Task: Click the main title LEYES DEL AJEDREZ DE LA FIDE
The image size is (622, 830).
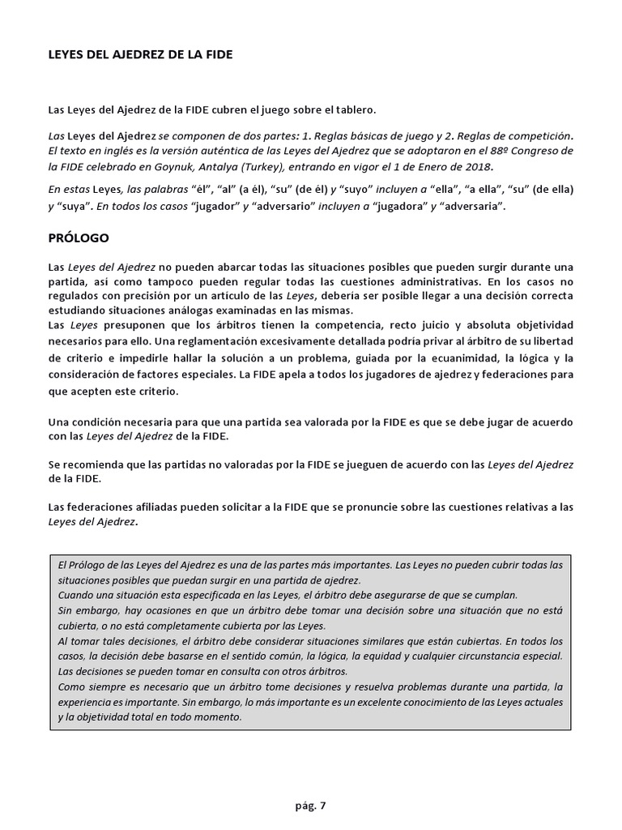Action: point(141,54)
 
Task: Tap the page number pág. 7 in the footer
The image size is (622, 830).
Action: point(311,805)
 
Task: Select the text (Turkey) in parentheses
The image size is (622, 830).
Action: point(275,166)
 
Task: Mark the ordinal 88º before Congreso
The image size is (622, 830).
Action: point(484,151)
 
